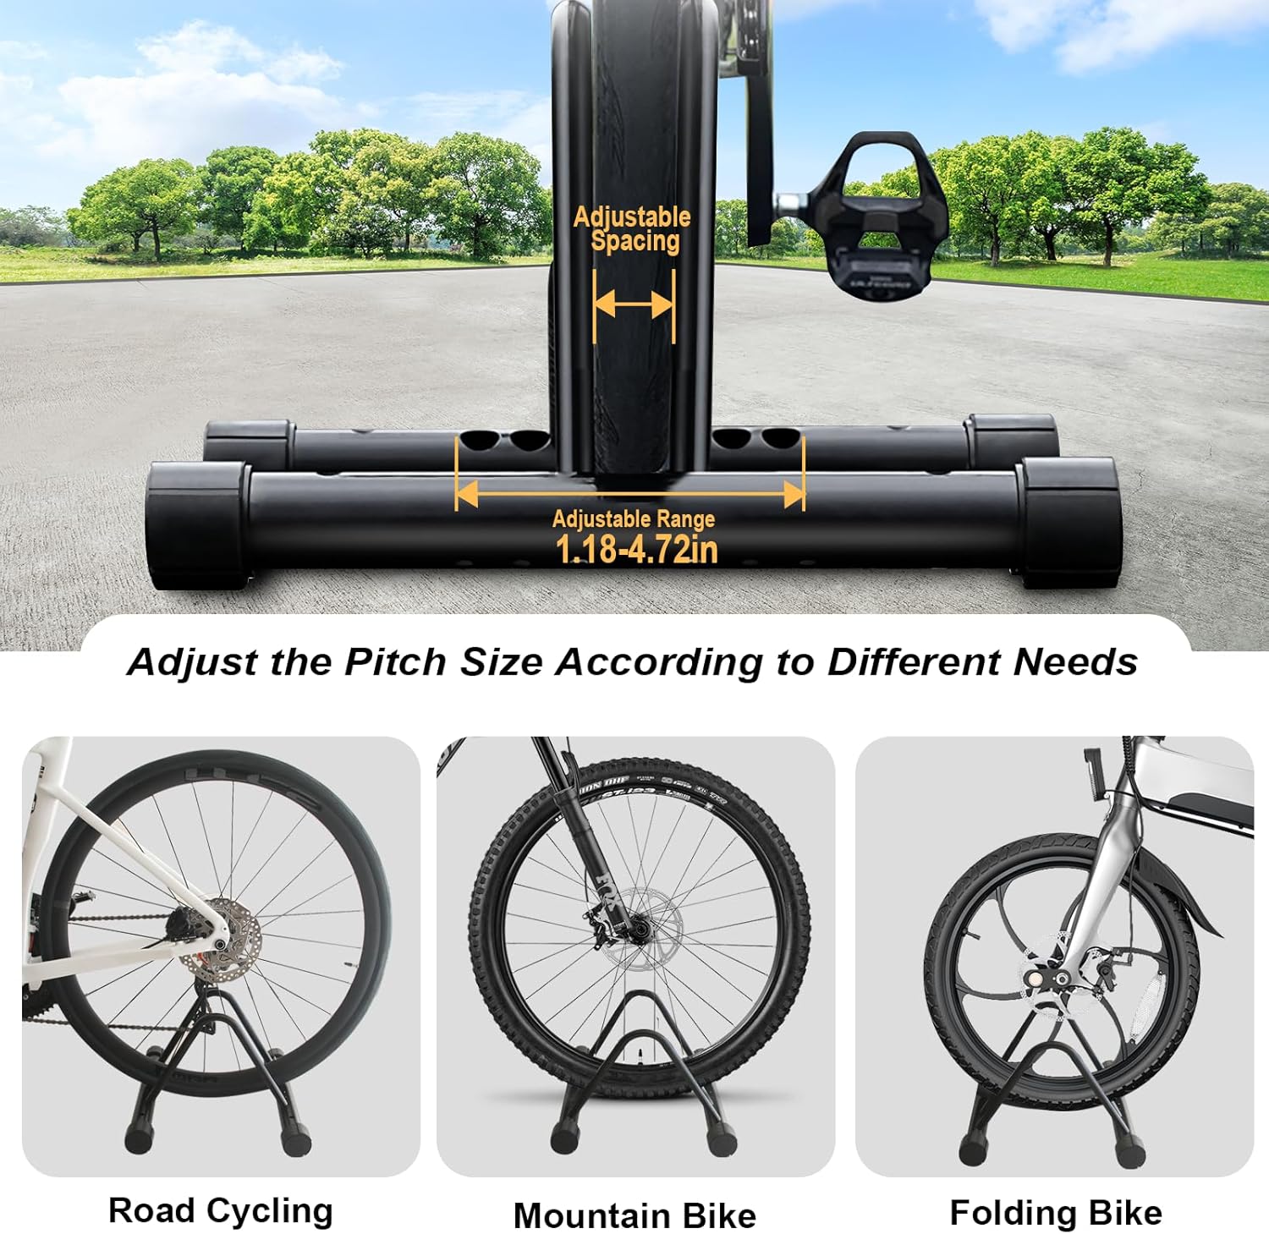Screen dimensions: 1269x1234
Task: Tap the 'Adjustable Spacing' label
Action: click(x=633, y=229)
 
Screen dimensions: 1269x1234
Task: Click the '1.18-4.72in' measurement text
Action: click(x=636, y=549)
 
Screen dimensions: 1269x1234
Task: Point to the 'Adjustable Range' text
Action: click(x=634, y=518)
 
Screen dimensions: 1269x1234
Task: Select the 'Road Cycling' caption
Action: click(x=221, y=1210)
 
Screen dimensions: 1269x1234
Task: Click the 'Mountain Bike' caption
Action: click(x=634, y=1215)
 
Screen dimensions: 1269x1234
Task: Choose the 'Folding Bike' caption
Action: click(x=1056, y=1212)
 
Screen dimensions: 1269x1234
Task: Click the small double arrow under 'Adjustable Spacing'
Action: click(x=634, y=304)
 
